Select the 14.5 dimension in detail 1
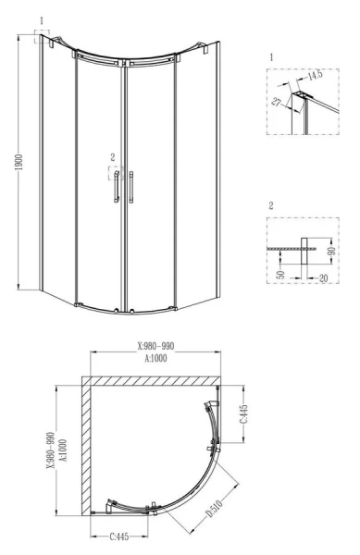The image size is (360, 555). pyautogui.click(x=316, y=74)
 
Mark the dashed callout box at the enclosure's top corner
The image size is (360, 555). pyautogui.click(x=43, y=36)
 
